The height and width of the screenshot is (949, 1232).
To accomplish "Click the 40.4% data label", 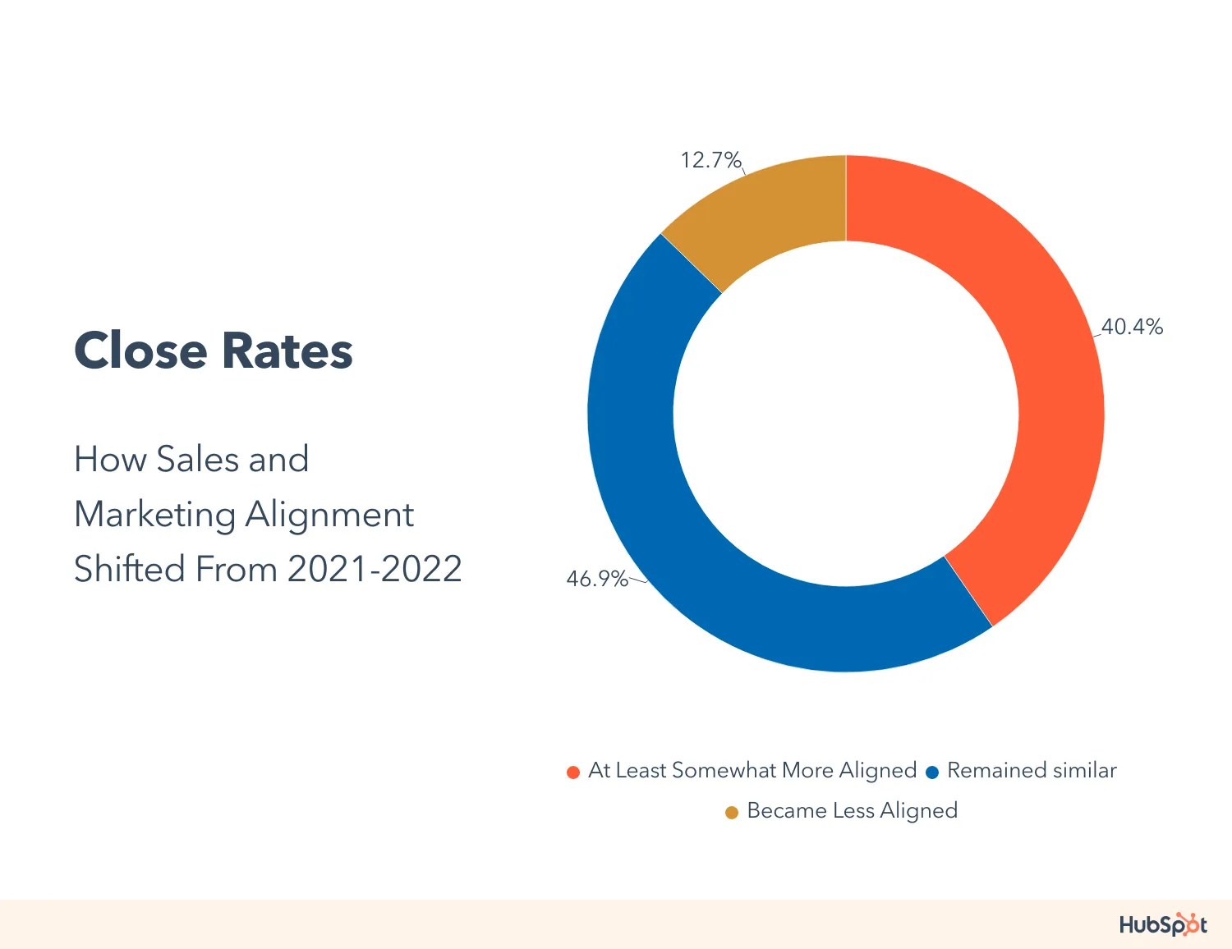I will pos(1132,327).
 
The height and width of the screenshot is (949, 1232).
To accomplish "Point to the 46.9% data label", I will pos(596,579).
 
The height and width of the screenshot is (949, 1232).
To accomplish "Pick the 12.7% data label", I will pos(710,159).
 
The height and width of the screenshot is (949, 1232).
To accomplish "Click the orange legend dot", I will pos(573,772).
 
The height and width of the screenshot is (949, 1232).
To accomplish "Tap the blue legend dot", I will pos(932,772).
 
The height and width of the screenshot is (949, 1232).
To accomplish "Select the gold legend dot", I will pos(732,813).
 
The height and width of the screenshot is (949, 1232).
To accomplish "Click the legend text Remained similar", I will pos(1032,770).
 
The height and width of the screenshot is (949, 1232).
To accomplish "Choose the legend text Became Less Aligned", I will pos(852,810).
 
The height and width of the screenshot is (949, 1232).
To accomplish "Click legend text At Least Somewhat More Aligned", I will pos(752,770).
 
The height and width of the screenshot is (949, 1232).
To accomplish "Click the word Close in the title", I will pos(140,351).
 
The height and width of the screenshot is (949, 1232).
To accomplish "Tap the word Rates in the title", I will pos(287,351).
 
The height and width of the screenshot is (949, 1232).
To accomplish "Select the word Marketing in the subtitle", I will pos(154,515).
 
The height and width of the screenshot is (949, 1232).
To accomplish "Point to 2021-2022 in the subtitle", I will pos(375,569).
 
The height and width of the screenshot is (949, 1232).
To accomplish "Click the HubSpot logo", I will pos(1162,924).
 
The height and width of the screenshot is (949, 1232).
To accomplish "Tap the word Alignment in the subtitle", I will pos(329,515).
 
